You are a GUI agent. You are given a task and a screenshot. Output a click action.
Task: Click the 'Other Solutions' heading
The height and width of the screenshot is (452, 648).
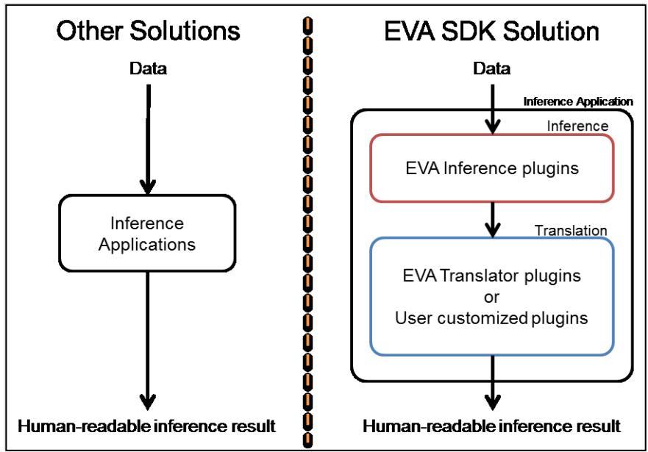148,31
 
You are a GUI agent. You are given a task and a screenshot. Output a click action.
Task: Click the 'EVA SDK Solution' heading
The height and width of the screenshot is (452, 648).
491,31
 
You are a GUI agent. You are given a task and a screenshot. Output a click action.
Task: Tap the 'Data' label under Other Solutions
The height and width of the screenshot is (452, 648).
148,68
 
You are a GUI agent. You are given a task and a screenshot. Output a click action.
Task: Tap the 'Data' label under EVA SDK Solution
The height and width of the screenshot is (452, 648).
492,68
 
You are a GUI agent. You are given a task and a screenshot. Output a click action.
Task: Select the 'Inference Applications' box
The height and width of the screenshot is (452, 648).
147,233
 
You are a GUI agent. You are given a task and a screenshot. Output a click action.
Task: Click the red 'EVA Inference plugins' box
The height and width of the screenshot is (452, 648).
492,168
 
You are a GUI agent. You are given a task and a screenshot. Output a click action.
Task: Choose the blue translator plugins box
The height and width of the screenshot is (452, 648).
492,296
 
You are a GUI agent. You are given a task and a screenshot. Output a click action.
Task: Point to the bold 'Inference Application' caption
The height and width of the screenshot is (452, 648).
577,102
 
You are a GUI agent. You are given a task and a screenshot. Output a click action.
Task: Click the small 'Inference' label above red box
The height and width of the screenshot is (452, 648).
577,126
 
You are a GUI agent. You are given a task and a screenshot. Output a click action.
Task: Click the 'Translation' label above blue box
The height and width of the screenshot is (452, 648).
571,230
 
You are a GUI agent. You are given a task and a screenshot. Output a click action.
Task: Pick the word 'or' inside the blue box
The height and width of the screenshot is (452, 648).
491,297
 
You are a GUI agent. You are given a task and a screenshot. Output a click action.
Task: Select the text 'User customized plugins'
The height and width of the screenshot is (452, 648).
491,318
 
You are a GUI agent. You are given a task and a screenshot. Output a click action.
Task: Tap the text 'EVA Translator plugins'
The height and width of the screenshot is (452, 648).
492,276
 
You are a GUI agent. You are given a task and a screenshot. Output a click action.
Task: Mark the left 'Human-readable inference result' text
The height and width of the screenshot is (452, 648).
146,426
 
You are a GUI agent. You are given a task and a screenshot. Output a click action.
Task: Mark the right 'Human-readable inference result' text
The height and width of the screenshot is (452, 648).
492,426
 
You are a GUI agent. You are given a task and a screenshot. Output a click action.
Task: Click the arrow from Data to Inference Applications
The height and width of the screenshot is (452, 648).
148,140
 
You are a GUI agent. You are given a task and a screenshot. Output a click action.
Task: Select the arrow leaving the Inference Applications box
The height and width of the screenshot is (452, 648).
148,341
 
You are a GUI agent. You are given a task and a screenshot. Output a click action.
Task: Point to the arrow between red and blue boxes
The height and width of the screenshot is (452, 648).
492,220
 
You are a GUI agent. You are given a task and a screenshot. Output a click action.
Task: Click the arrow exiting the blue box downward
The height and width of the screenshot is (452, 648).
492,383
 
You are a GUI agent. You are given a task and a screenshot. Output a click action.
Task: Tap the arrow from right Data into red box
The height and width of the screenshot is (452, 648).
492,110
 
